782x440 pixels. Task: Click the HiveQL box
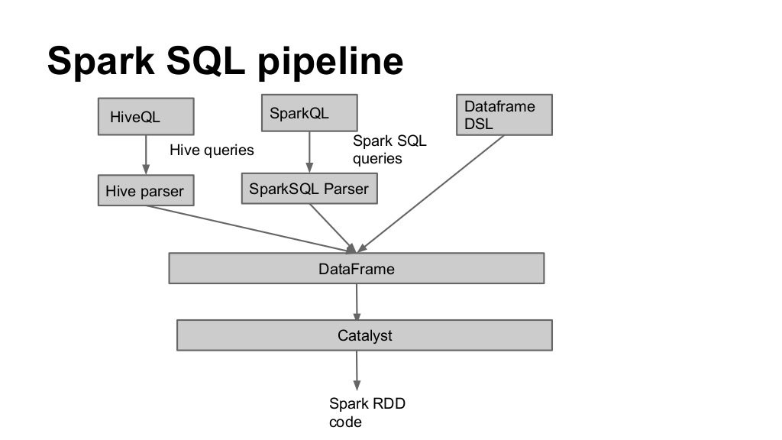[x=145, y=117]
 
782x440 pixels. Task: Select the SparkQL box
[x=309, y=113]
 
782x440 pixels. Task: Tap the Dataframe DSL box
[x=503, y=115]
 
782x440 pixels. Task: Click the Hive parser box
[x=146, y=190]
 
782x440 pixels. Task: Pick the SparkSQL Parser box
[x=309, y=189]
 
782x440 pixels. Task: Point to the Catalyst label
[x=364, y=335]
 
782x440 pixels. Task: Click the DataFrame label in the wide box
[x=356, y=269]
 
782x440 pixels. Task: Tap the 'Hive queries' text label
[x=212, y=150]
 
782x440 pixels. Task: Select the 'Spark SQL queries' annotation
[x=389, y=150]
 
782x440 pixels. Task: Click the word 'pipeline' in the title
[x=330, y=61]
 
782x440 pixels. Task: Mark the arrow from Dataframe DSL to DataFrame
[x=431, y=193]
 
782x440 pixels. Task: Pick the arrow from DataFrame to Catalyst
[x=357, y=302]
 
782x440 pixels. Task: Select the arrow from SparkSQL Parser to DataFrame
[x=332, y=228]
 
